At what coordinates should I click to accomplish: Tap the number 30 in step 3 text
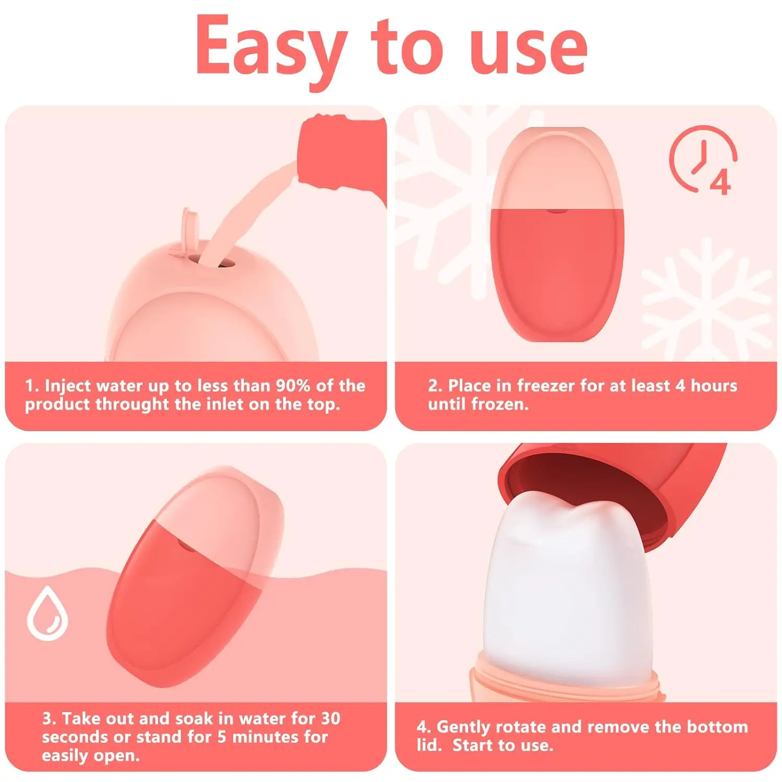tap(330, 718)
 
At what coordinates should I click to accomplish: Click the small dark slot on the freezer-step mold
tap(556, 211)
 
